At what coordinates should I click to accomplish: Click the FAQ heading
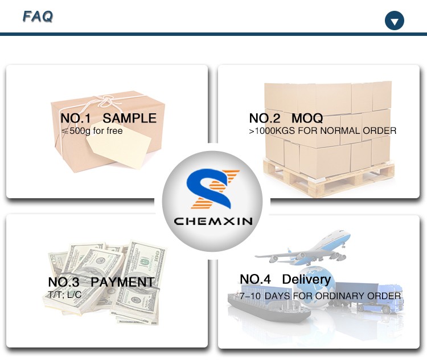point(38,16)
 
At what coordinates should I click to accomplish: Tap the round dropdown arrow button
point(395,21)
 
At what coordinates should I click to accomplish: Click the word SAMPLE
point(129,118)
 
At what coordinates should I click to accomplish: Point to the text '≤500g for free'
point(92,131)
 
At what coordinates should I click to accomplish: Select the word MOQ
point(307,118)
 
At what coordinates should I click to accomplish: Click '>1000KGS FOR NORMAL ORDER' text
point(323,131)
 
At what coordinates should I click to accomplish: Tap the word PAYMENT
point(122,282)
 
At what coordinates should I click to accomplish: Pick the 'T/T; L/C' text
point(64,294)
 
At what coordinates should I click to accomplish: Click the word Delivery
point(306,279)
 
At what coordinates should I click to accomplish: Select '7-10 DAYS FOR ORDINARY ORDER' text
point(320,296)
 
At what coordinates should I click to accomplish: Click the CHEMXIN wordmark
point(213,221)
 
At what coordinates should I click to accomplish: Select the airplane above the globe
point(303,248)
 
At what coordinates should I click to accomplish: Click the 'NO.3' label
point(64,282)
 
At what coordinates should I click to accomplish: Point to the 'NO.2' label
point(265,118)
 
